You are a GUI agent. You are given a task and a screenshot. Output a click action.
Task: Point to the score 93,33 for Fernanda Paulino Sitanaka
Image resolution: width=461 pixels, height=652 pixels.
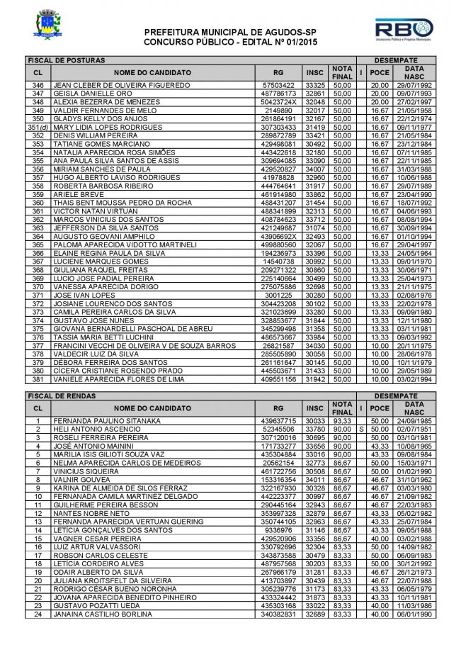pyautogui.click(x=342, y=421)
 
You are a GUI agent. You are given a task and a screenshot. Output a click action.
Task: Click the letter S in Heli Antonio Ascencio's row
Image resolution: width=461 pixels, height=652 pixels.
pyautogui.click(x=361, y=429)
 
